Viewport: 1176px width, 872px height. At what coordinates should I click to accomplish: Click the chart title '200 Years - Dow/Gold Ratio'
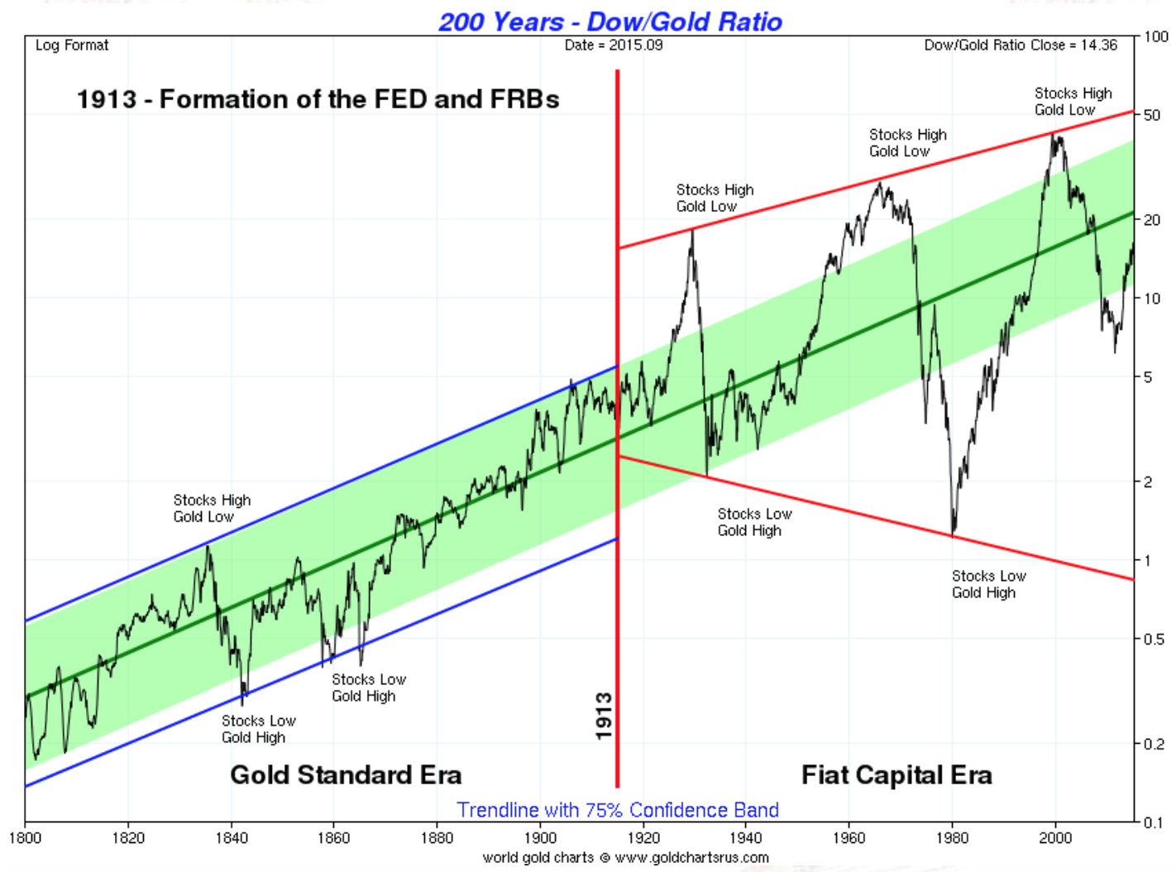(x=610, y=22)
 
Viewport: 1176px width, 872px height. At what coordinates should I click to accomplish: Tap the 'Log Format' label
(x=72, y=46)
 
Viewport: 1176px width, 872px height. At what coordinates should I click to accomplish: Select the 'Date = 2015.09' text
(x=614, y=46)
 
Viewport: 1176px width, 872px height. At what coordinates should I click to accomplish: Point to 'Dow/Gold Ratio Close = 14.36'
(x=1020, y=46)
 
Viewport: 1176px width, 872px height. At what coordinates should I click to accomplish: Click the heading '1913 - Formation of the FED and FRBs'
(x=318, y=99)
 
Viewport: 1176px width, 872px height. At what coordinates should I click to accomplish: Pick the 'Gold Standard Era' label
(x=346, y=774)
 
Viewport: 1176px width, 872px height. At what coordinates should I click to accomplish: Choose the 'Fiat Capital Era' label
(x=896, y=774)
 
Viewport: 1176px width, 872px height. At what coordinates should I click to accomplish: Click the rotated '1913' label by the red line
(x=604, y=716)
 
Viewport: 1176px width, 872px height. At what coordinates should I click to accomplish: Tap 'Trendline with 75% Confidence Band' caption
(x=618, y=810)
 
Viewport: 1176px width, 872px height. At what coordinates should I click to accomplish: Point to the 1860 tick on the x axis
(x=334, y=837)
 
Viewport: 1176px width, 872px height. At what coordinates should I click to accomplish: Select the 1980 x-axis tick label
(x=952, y=837)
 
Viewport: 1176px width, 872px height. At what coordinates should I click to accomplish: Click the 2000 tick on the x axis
(x=1055, y=837)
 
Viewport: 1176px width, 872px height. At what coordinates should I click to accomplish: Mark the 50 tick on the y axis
(x=1151, y=115)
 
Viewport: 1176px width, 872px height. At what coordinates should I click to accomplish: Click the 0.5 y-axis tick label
(x=1153, y=639)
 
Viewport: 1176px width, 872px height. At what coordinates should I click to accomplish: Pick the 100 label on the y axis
(x=1155, y=36)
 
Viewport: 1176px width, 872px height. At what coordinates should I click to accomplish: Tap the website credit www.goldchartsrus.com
(x=691, y=858)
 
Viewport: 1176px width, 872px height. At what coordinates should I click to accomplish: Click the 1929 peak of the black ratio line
(x=692, y=231)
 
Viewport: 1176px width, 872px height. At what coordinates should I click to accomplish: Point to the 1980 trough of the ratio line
(x=954, y=533)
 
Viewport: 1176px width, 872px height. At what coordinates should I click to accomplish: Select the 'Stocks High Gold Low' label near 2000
(x=1073, y=102)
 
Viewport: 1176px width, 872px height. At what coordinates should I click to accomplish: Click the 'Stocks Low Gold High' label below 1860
(x=369, y=688)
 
